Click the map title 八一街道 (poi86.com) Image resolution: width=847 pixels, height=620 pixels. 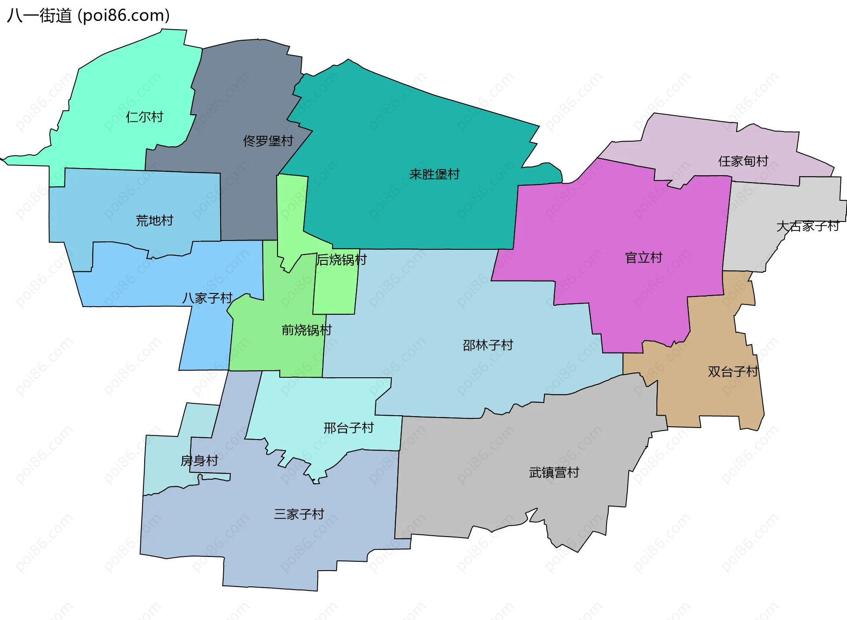click(88, 16)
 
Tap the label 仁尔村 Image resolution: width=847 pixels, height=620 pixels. click(145, 117)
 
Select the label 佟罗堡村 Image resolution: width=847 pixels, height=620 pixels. click(268, 141)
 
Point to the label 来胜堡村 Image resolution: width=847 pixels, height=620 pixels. click(435, 174)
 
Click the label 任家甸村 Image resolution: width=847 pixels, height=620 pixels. click(743, 161)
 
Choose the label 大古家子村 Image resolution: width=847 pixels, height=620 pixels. click(808, 226)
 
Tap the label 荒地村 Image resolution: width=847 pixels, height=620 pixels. click(154, 220)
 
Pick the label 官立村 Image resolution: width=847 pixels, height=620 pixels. click(644, 258)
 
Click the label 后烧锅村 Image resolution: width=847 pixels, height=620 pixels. click(341, 260)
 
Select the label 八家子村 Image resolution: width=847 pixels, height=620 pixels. click(207, 298)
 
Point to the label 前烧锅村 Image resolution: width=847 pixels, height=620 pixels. click(307, 330)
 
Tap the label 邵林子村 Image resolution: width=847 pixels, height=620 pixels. click(488, 345)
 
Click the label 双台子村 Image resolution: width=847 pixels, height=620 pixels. click(733, 372)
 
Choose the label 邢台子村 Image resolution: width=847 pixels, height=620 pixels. click(349, 428)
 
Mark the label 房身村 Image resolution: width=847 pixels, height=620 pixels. click(199, 461)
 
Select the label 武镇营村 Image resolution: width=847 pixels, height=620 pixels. click(554, 473)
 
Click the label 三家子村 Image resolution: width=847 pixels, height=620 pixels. click(299, 514)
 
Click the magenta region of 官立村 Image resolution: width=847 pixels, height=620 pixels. click(618, 212)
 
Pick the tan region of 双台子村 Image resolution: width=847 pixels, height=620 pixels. click(706, 397)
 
